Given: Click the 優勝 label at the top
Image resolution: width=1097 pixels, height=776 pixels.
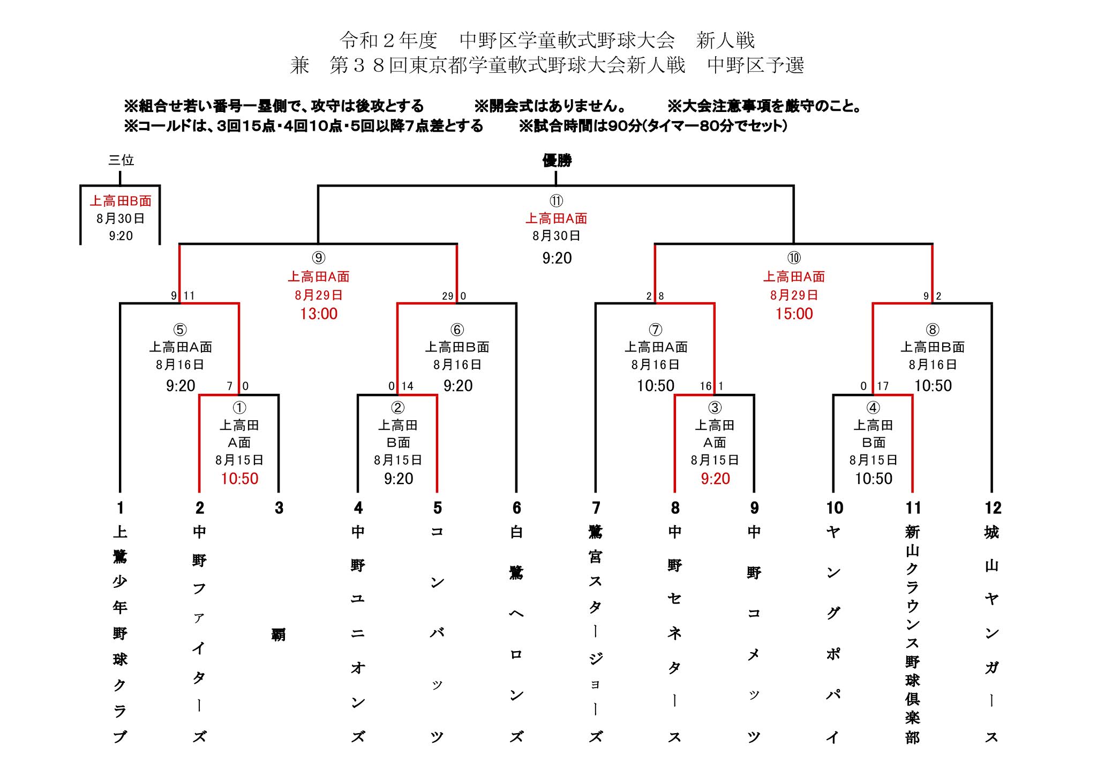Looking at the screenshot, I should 557,160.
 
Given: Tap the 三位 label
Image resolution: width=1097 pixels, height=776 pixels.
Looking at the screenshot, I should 121,160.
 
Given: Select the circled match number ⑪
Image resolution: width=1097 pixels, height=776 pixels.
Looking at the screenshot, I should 556,201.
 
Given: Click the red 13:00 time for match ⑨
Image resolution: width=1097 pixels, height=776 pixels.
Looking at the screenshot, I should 319,314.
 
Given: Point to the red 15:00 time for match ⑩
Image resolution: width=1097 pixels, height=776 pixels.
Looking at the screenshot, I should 794,314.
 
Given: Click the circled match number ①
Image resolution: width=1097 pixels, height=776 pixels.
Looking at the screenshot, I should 239,408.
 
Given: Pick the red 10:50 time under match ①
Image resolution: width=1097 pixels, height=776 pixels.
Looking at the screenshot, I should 239,479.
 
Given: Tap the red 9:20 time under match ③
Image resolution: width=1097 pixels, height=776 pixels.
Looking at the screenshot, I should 715,479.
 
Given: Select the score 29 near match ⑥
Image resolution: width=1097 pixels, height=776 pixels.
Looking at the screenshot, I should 448,296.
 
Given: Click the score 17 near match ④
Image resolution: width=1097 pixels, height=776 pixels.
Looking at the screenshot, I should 883,386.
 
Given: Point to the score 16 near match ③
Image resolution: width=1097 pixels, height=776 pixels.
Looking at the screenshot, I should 705,386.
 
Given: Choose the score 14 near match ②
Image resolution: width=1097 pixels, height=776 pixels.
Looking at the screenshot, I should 408,386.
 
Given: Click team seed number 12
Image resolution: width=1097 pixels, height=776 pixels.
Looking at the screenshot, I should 993,508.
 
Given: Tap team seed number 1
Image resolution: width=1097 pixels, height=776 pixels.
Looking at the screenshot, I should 120,508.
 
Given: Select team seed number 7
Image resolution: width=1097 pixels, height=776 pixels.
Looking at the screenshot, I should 596,508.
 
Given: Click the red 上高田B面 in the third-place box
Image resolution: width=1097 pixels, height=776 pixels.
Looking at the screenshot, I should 121,201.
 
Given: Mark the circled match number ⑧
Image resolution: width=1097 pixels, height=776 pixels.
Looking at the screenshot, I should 932,330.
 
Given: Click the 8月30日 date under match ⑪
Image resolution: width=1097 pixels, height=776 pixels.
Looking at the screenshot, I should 556,236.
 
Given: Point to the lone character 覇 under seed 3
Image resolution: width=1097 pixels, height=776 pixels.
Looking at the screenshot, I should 279,635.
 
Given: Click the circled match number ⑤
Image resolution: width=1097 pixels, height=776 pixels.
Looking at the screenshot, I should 180,330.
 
